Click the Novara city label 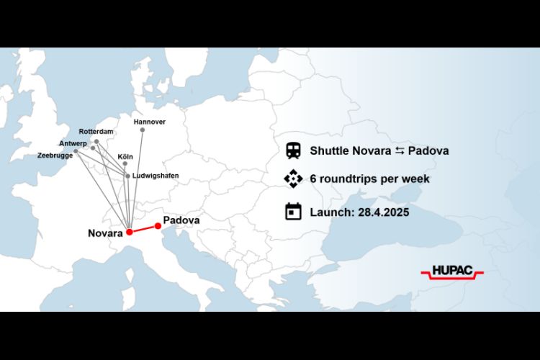coord(105,233)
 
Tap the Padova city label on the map coord(181,220)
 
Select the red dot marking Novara coord(129,232)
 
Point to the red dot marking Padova coord(158,226)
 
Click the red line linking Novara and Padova coord(144,229)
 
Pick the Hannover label coord(150,122)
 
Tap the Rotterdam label coord(96,132)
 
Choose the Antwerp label coord(73,143)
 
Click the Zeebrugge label coord(54,155)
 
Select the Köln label coord(125,156)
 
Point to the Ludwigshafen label coord(156,176)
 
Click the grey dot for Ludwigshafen coord(128,176)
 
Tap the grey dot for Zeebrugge coord(76,151)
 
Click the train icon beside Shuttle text coord(293,150)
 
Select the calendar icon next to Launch coord(293,211)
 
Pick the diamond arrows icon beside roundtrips coord(293,179)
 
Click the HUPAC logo coord(451,272)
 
